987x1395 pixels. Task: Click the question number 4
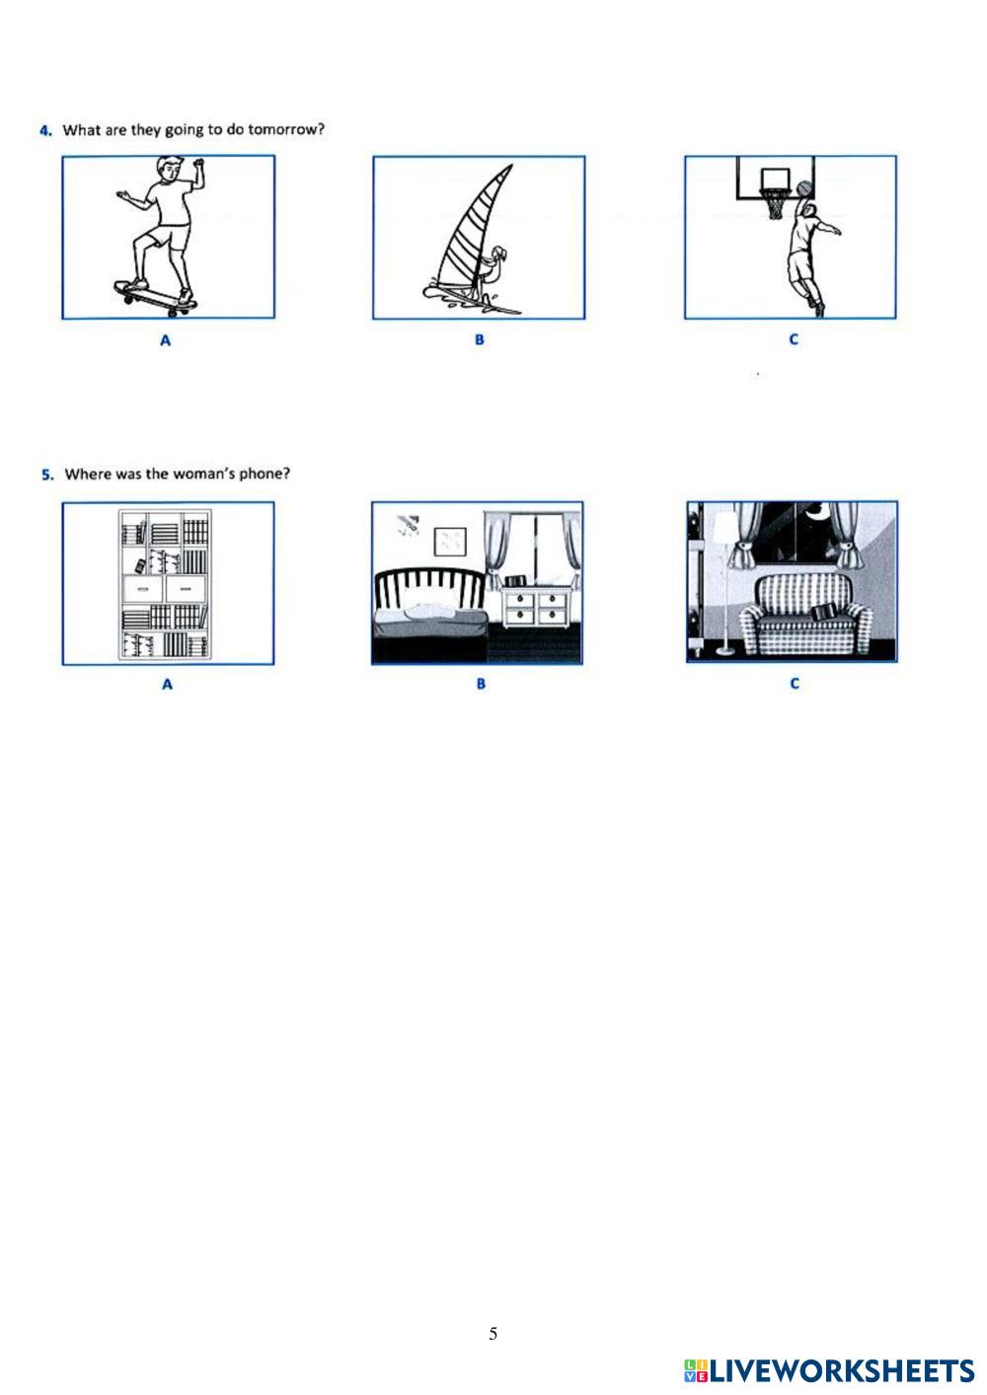tap(45, 130)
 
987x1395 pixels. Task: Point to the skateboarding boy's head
tap(170, 170)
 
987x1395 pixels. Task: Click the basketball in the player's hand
tap(803, 188)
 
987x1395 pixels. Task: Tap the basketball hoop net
tap(775, 204)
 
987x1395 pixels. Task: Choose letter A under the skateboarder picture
tap(165, 340)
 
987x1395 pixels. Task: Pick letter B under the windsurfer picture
tap(479, 339)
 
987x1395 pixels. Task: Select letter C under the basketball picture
tap(794, 339)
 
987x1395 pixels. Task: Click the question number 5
tap(47, 475)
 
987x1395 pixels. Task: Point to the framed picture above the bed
tap(449, 541)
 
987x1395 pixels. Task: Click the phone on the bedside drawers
tap(514, 580)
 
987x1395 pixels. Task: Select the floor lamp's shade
tap(724, 528)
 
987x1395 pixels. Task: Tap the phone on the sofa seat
tap(822, 613)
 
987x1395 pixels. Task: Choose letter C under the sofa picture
tap(795, 683)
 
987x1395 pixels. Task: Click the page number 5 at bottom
tap(493, 1334)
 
